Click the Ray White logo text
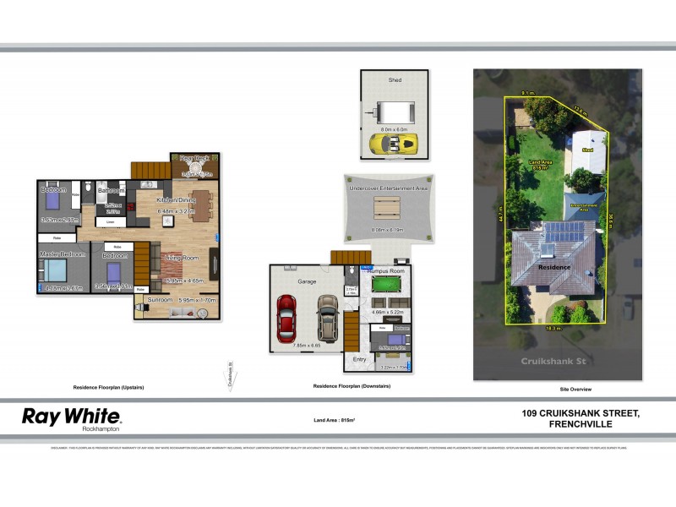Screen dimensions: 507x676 71,416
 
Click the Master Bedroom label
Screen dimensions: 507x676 63,254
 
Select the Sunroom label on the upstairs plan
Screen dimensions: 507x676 161,300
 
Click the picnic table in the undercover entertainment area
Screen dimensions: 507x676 388,208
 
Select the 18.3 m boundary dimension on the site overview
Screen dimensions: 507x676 554,327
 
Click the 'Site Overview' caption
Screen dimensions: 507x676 575,389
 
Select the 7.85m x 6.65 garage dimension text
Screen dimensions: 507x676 306,345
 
